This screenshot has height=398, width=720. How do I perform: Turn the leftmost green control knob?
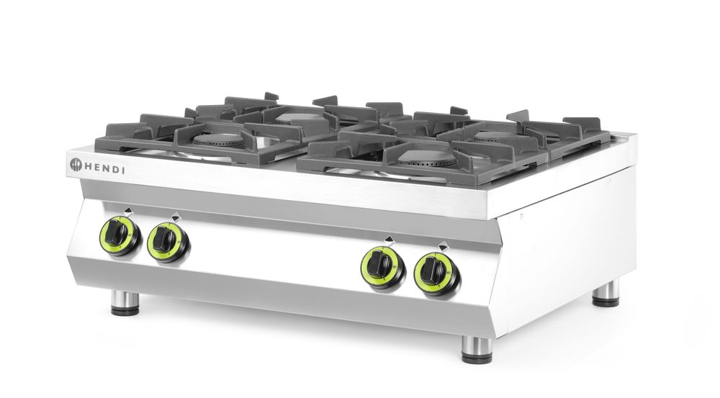pos(119,233)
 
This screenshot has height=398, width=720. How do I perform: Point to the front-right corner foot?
pos(473,350)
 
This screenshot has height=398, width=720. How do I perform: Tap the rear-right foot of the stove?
pos(605,294)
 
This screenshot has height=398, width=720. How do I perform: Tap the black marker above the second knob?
pos(175,214)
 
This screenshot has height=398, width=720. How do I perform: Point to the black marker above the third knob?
pos(389,238)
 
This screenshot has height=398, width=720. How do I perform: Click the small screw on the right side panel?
pos(521,214)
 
